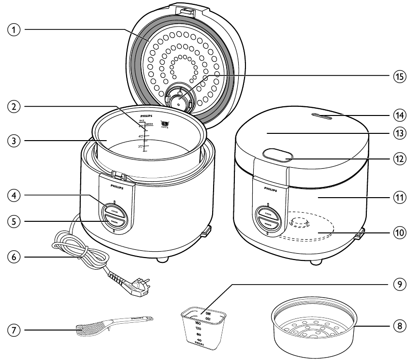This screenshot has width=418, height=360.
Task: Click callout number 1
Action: (15, 29)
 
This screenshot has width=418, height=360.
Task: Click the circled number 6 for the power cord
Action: (15, 258)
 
